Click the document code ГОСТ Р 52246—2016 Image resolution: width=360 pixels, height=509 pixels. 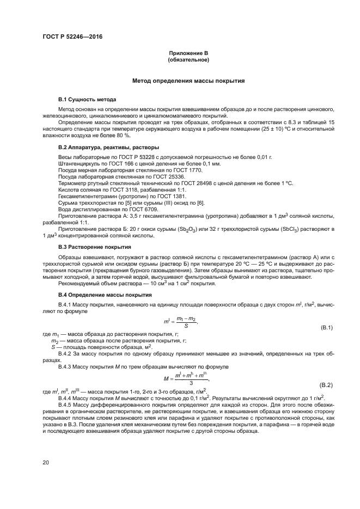tap(72, 37)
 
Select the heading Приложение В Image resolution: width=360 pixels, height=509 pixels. tap(188, 53)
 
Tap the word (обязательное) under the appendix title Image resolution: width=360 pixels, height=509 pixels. tap(188, 59)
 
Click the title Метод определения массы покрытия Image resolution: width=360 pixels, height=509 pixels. tap(188, 81)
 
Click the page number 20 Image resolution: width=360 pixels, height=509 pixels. tap(46, 462)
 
